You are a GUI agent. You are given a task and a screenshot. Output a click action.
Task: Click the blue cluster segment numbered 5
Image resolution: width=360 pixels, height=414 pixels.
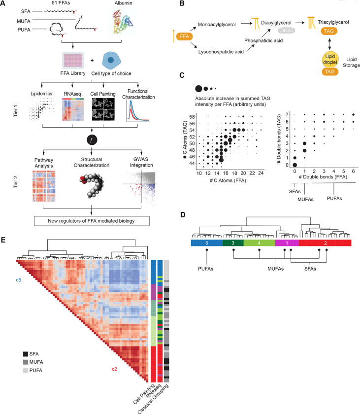point(207,243)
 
